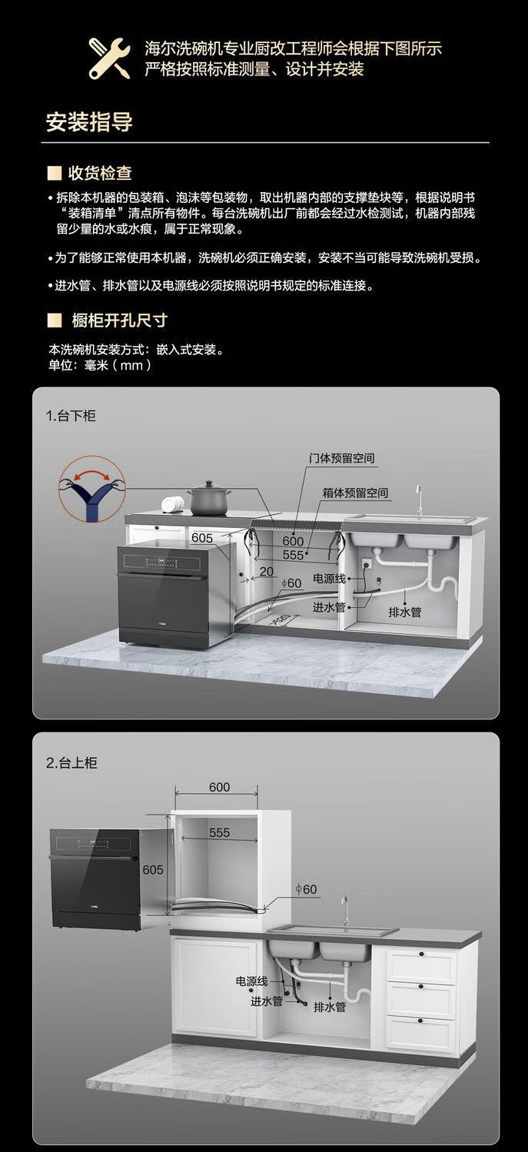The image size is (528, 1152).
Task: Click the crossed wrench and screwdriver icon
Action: [109, 58]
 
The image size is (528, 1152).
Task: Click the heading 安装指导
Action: [89, 123]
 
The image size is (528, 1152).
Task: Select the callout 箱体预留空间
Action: [355, 493]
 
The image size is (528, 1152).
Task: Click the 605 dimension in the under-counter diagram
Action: [202, 538]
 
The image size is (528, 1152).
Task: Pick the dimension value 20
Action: [267, 571]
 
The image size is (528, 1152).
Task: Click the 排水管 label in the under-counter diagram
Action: [404, 613]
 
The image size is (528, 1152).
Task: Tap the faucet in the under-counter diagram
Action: [419, 499]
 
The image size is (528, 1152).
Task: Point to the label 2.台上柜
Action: [71, 763]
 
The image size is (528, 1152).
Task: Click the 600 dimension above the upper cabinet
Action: [219, 788]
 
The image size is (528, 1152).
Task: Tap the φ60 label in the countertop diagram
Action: [306, 889]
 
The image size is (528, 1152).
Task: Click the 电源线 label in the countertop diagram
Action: [251, 981]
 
